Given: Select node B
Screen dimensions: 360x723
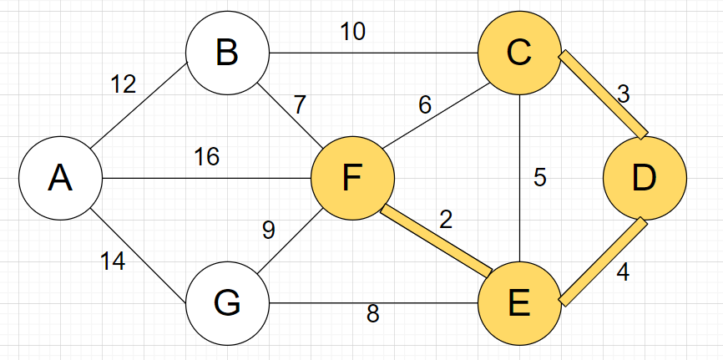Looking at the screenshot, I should click(x=227, y=53).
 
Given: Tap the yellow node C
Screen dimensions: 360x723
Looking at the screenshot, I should click(x=519, y=53).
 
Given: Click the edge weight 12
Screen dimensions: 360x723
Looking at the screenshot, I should click(x=124, y=84).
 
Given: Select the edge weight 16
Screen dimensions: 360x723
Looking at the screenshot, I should click(x=206, y=157).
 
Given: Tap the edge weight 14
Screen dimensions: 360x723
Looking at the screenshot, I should click(x=112, y=262).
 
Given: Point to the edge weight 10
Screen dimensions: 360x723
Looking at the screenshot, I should click(x=351, y=33).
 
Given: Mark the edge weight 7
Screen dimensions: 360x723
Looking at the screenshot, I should click(x=300, y=105).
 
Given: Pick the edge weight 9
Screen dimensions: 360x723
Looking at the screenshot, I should click(x=268, y=231).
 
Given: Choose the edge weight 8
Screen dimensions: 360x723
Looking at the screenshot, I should click(x=373, y=314).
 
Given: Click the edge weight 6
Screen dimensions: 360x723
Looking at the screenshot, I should click(x=425, y=105).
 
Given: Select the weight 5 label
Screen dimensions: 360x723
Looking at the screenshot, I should click(x=540, y=179).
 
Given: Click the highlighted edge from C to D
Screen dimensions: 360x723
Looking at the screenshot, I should click(x=603, y=94).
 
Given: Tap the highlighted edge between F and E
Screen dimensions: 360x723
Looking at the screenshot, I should click(x=436, y=241).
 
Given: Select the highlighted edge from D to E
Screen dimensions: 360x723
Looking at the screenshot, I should click(x=603, y=261).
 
